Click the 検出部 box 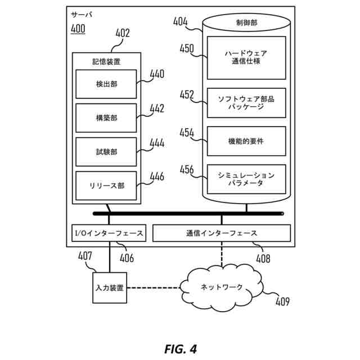(x=106, y=84)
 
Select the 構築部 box (x=106, y=118)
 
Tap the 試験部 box (x=106, y=152)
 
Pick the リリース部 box (x=106, y=186)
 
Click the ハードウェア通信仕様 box (x=246, y=57)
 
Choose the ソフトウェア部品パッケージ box (x=246, y=102)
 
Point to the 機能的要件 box (x=246, y=141)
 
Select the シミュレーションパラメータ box (x=246, y=179)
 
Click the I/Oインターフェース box (x=109, y=233)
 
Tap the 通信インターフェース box (x=222, y=233)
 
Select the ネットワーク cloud (x=222, y=287)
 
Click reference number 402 (x=122, y=33)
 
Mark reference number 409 (x=282, y=302)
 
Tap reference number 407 (x=85, y=256)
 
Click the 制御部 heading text (x=246, y=23)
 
